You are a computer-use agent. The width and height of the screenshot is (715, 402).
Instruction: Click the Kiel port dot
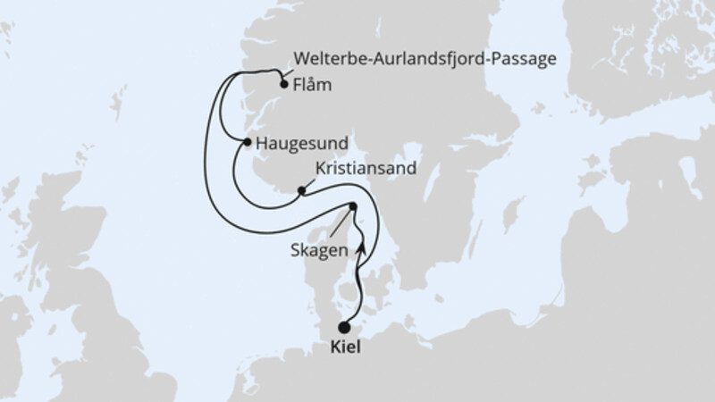pyautogui.click(x=345, y=328)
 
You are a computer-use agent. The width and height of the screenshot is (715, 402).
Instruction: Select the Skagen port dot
pyautogui.click(x=352, y=207)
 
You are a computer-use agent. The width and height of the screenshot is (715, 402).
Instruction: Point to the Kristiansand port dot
pyautogui.click(x=302, y=190)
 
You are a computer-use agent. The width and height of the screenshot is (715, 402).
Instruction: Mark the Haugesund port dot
pyautogui.click(x=247, y=141)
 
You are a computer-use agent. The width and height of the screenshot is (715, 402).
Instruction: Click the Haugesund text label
pyautogui.click(x=301, y=142)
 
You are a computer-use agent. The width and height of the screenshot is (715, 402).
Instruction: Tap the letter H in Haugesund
pyautogui.click(x=260, y=142)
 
